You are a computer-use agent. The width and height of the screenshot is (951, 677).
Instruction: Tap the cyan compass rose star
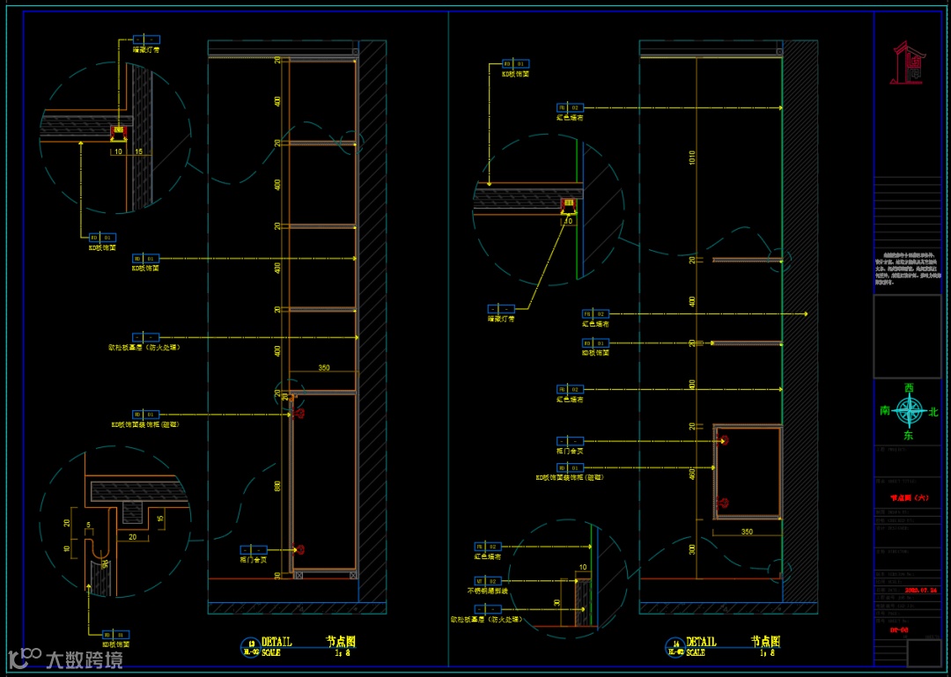tap(909, 410)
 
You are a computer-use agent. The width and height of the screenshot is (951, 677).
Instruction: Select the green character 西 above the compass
tap(909, 388)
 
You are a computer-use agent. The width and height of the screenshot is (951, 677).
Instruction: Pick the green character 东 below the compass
tap(908, 435)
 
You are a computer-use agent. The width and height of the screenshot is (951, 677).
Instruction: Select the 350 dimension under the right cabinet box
tap(747, 532)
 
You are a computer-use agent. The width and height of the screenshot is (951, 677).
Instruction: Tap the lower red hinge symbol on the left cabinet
tap(300, 549)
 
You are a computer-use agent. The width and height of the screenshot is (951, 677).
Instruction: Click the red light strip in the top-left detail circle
tap(117, 132)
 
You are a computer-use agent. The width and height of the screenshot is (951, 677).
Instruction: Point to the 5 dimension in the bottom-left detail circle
tap(87, 526)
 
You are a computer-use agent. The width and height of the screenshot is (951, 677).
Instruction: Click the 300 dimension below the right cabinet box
tap(692, 548)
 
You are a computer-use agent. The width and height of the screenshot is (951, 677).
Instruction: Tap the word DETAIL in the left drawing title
tap(276, 643)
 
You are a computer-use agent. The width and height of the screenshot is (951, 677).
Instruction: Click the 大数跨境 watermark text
tap(84, 659)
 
